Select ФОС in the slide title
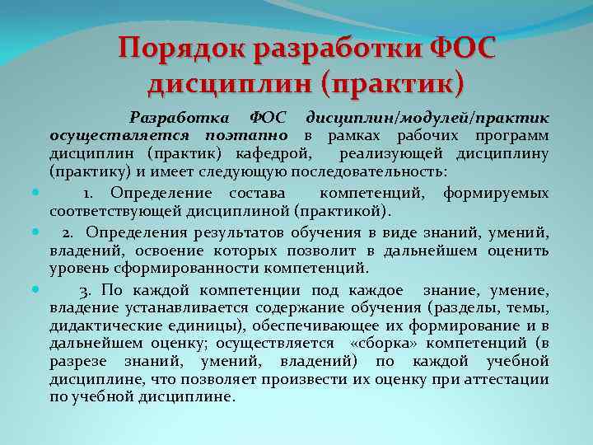(x=464, y=47)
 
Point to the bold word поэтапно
(x=248, y=134)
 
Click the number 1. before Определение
(x=88, y=193)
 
